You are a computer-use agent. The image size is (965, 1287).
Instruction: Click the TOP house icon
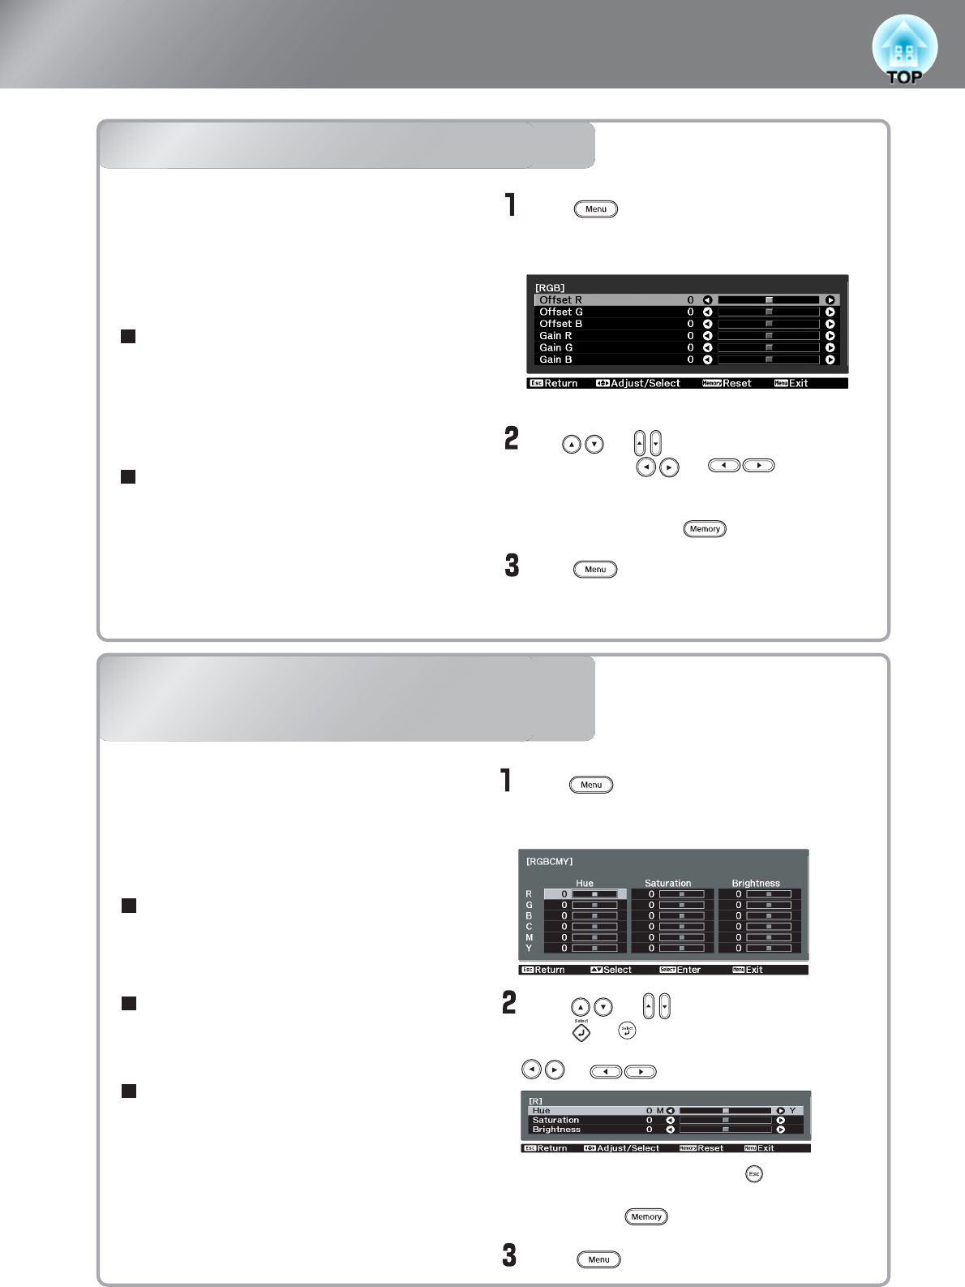(x=904, y=50)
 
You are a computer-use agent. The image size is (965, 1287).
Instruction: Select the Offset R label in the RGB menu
(x=560, y=300)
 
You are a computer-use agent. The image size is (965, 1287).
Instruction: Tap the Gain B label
(x=555, y=359)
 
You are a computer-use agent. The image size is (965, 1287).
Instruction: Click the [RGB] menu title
(x=550, y=288)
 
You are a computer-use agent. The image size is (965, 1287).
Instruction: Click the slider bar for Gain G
(x=768, y=347)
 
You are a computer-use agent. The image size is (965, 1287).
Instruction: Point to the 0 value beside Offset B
(x=691, y=324)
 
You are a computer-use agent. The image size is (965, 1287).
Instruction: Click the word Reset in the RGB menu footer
(x=737, y=383)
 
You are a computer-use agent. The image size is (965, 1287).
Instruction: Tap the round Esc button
(x=754, y=1174)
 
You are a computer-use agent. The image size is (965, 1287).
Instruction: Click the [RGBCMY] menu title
(x=550, y=862)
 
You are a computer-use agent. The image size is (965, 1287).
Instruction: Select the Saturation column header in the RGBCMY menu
(x=667, y=883)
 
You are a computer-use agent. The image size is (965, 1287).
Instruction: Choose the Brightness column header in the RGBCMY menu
(x=756, y=883)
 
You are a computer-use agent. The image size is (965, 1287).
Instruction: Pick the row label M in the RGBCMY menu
(x=530, y=937)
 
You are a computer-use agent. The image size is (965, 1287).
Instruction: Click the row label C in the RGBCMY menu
(x=530, y=927)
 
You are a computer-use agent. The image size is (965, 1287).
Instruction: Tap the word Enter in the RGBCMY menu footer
(x=688, y=970)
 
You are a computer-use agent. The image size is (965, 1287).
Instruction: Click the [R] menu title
(x=536, y=1101)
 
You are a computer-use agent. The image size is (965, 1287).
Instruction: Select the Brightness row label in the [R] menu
(x=556, y=1130)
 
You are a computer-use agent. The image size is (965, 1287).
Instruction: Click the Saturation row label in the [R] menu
(x=555, y=1120)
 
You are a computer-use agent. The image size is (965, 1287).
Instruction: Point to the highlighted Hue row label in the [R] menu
(x=541, y=1111)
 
